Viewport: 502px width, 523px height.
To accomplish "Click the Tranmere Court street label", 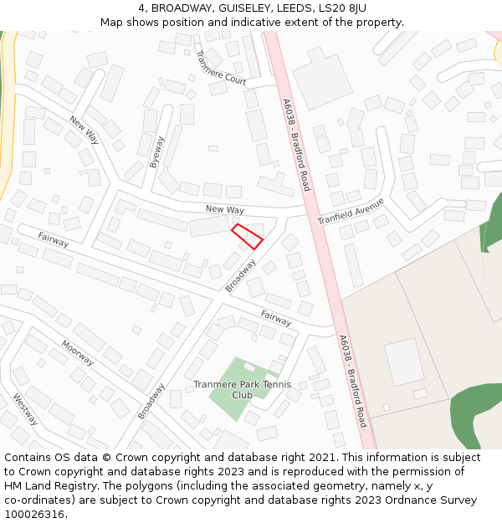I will [221, 68].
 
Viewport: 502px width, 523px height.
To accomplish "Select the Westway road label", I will [24, 409].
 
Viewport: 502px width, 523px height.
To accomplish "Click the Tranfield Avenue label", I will [351, 212].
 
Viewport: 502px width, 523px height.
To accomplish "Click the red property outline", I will [247, 236].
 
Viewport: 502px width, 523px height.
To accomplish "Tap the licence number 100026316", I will [35, 515].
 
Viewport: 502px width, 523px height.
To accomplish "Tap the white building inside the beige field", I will [404, 361].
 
